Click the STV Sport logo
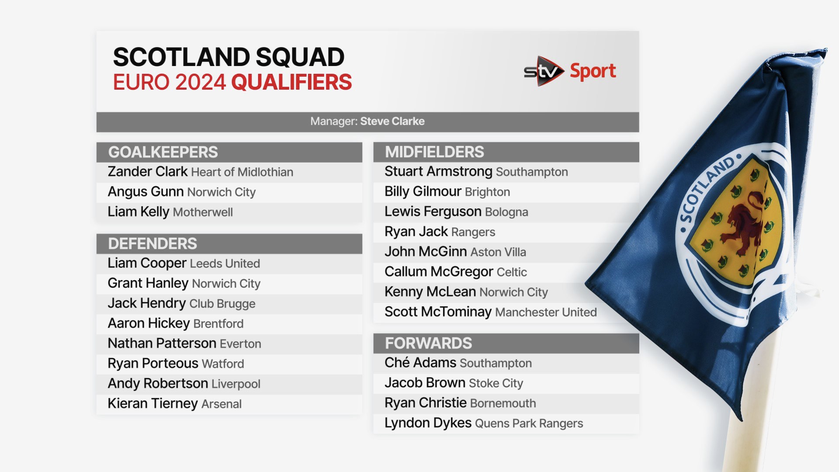(x=570, y=71)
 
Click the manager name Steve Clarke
(x=392, y=121)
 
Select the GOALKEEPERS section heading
(x=163, y=152)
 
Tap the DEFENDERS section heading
(x=153, y=243)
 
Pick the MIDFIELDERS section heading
(x=434, y=152)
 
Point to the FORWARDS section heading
(x=428, y=343)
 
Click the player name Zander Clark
(x=148, y=172)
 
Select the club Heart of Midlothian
(x=242, y=172)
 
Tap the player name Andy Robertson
(x=158, y=383)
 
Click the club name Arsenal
(x=222, y=404)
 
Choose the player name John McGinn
(x=426, y=252)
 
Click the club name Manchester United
(x=546, y=312)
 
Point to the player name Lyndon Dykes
(x=428, y=423)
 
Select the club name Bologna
(x=506, y=212)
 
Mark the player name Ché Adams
(x=420, y=363)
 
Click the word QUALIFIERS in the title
(x=291, y=82)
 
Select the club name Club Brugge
(x=222, y=304)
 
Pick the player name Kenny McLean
(x=430, y=292)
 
